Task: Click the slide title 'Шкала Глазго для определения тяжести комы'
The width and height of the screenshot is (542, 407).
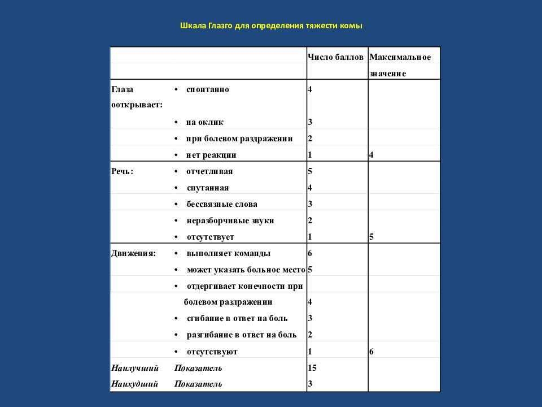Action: click(x=270, y=26)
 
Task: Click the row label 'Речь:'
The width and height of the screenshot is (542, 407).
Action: click(x=123, y=171)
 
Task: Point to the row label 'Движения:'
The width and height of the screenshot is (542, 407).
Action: click(x=133, y=253)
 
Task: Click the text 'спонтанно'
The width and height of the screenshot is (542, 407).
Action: click(x=207, y=89)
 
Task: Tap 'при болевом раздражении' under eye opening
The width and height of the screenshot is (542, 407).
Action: click(x=239, y=138)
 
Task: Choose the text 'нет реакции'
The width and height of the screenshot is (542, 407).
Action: click(x=211, y=155)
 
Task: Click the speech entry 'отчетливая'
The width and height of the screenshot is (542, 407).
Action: click(x=209, y=171)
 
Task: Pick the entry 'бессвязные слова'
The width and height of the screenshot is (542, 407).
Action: click(x=221, y=204)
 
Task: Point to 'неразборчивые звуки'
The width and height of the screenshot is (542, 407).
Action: click(x=230, y=220)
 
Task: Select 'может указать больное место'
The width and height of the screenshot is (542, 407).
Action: click(x=246, y=270)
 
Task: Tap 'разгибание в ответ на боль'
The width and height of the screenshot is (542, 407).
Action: click(x=241, y=335)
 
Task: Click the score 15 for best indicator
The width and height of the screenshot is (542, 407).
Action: click(x=312, y=368)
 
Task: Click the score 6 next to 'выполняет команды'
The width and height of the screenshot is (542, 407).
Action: click(x=310, y=253)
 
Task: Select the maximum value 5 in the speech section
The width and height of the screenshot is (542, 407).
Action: click(x=371, y=237)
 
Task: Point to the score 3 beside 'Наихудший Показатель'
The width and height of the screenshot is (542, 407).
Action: click(x=310, y=384)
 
